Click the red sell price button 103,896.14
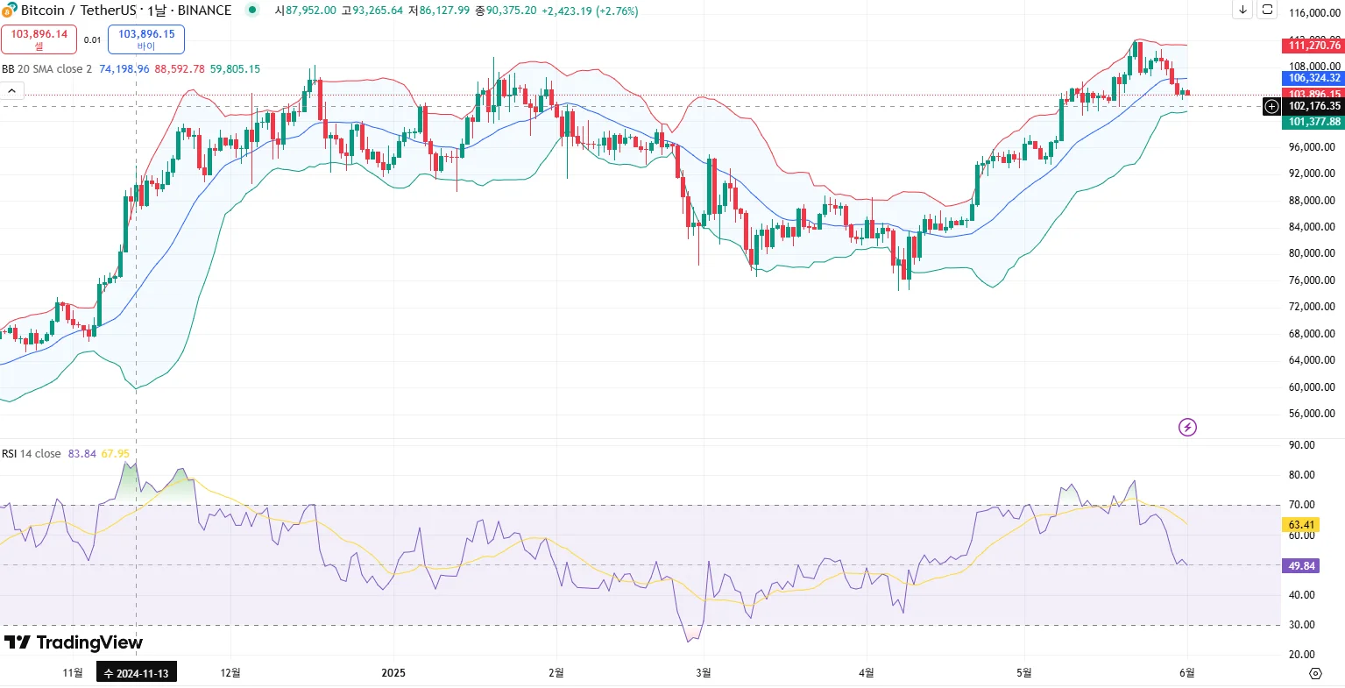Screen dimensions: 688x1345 pos(39,39)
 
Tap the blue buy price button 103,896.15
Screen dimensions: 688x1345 pos(146,39)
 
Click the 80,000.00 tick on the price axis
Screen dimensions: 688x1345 pos(1311,253)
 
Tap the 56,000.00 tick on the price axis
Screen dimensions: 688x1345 pos(1311,414)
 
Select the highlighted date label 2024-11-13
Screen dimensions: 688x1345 pos(136,673)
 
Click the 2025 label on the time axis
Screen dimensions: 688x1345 pos(393,673)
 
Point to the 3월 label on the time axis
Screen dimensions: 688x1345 pos(703,673)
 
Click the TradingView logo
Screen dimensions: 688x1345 pos(74,642)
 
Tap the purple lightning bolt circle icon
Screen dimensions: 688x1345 pos(1187,428)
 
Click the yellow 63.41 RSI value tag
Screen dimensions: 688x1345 pos(1302,525)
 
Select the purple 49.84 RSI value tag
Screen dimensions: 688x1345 pos(1302,566)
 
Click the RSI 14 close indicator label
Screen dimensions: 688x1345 pos(32,454)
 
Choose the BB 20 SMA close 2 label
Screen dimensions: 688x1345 pos(46,69)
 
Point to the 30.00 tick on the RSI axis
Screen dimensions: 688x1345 pos(1302,625)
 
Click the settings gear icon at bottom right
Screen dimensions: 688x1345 pos(1315,673)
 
